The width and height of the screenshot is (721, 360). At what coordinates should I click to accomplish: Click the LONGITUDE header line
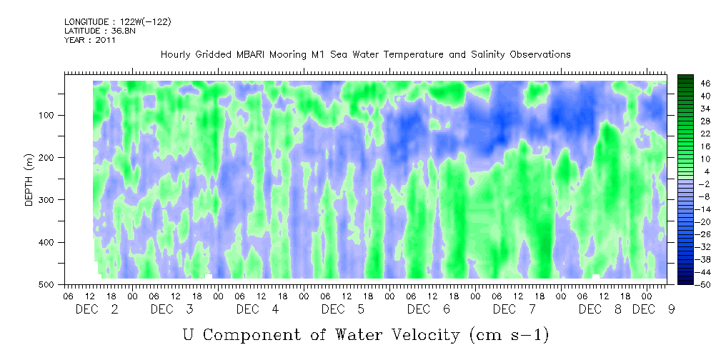coord(117,21)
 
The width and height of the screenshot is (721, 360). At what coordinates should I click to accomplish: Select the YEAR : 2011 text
coord(90,40)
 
